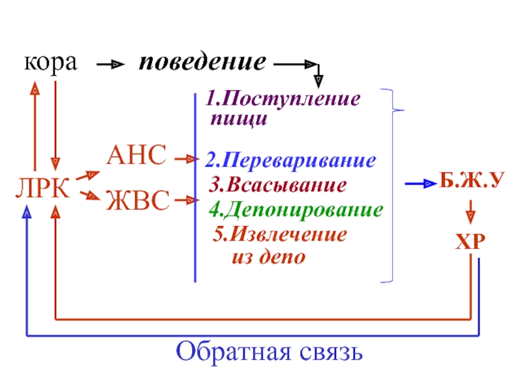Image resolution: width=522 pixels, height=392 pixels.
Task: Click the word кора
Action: tap(51, 63)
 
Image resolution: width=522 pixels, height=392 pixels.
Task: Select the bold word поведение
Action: tap(202, 62)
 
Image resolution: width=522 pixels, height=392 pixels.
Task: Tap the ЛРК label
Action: tap(42, 188)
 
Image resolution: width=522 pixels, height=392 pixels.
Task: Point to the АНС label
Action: tap(136, 155)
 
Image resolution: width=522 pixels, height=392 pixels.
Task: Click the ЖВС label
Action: tap(138, 200)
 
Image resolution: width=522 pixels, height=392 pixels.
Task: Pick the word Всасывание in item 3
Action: tap(286, 185)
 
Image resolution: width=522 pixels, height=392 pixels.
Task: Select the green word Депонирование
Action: tap(303, 210)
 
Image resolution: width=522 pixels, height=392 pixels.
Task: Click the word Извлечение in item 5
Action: tap(288, 234)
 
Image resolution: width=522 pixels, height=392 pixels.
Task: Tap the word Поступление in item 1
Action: tap(291, 99)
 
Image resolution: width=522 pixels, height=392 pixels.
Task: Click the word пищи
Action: tap(239, 120)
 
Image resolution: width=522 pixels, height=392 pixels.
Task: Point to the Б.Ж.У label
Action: tap(472, 180)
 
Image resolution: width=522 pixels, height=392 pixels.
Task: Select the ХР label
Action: tap(470, 241)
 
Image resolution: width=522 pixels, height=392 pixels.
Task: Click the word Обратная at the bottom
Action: tap(233, 352)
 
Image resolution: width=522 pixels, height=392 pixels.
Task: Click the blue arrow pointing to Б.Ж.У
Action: tap(421, 184)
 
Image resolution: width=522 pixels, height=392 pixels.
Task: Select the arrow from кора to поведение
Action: tap(110, 64)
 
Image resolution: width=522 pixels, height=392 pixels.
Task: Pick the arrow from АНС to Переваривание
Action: tap(187, 159)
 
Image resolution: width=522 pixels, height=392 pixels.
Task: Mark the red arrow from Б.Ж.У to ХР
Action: tap(470, 212)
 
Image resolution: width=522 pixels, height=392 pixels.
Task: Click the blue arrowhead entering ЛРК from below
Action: tap(27, 212)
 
